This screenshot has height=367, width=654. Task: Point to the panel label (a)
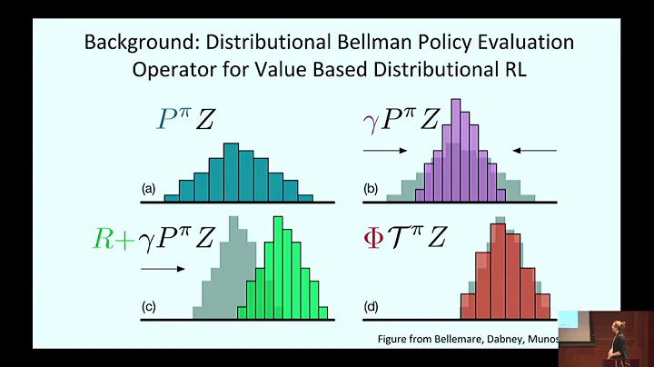point(149,190)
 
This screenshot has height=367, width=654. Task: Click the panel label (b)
point(372,190)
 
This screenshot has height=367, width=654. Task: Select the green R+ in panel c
point(112,238)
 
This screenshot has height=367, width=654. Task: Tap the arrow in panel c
point(163,269)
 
